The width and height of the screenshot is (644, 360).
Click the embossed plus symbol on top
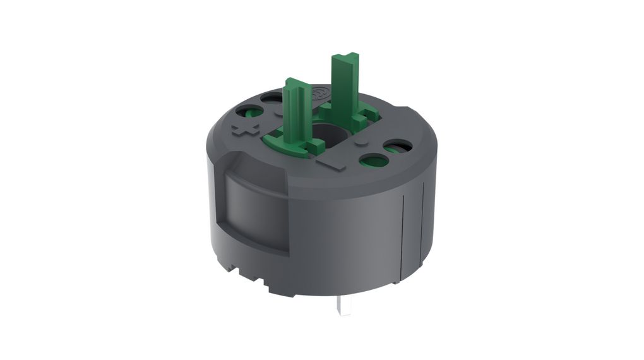coord(246,129)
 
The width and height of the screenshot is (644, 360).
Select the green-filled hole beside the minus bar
coord(373,160)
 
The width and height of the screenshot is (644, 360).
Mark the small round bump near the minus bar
coord(361,144)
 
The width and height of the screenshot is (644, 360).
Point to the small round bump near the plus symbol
coord(279,114)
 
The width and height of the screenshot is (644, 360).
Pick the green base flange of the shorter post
coord(281,140)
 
